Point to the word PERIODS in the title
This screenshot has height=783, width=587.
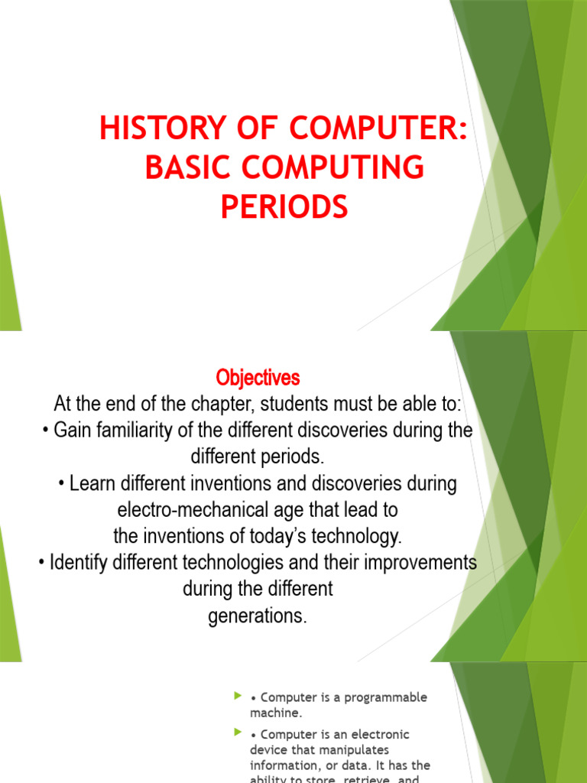pyautogui.click(x=284, y=207)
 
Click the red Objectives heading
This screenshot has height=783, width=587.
pyautogui.click(x=258, y=378)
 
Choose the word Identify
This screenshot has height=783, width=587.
pyautogui.click(x=79, y=564)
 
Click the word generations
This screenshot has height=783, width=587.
pyautogui.click(x=257, y=616)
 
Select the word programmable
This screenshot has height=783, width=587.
pyautogui.click(x=384, y=697)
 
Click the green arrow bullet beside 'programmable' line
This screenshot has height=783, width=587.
pyautogui.click(x=237, y=697)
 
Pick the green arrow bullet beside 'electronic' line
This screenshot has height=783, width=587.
pyautogui.click(x=237, y=733)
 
